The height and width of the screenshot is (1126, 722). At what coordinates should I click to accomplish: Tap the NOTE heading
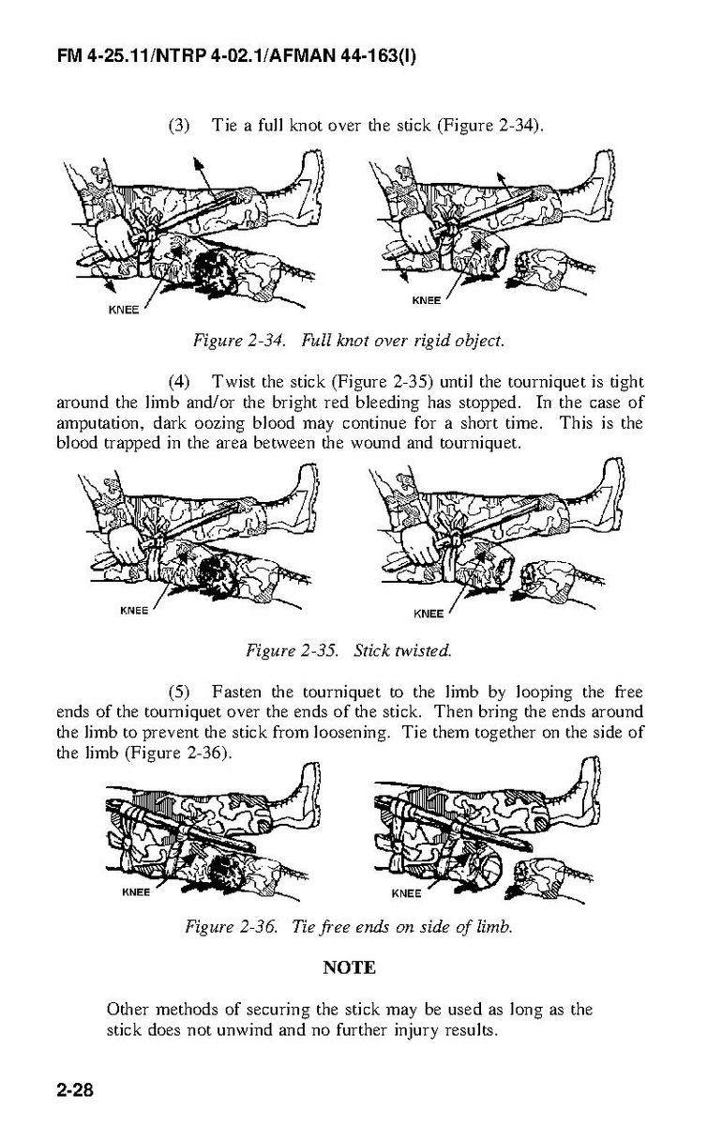tap(349, 967)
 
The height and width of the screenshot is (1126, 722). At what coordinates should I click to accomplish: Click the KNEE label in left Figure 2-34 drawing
tap(124, 311)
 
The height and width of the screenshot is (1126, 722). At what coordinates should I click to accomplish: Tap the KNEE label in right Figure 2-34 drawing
tap(427, 300)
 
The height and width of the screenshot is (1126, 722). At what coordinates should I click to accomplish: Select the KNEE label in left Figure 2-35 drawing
tap(135, 611)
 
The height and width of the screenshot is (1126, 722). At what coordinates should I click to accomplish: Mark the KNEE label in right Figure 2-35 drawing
tap(429, 615)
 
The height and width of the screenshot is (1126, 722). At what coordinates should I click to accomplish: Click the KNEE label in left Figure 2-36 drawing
tap(137, 892)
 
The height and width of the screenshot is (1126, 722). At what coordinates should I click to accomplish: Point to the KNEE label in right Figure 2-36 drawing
tap(406, 893)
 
